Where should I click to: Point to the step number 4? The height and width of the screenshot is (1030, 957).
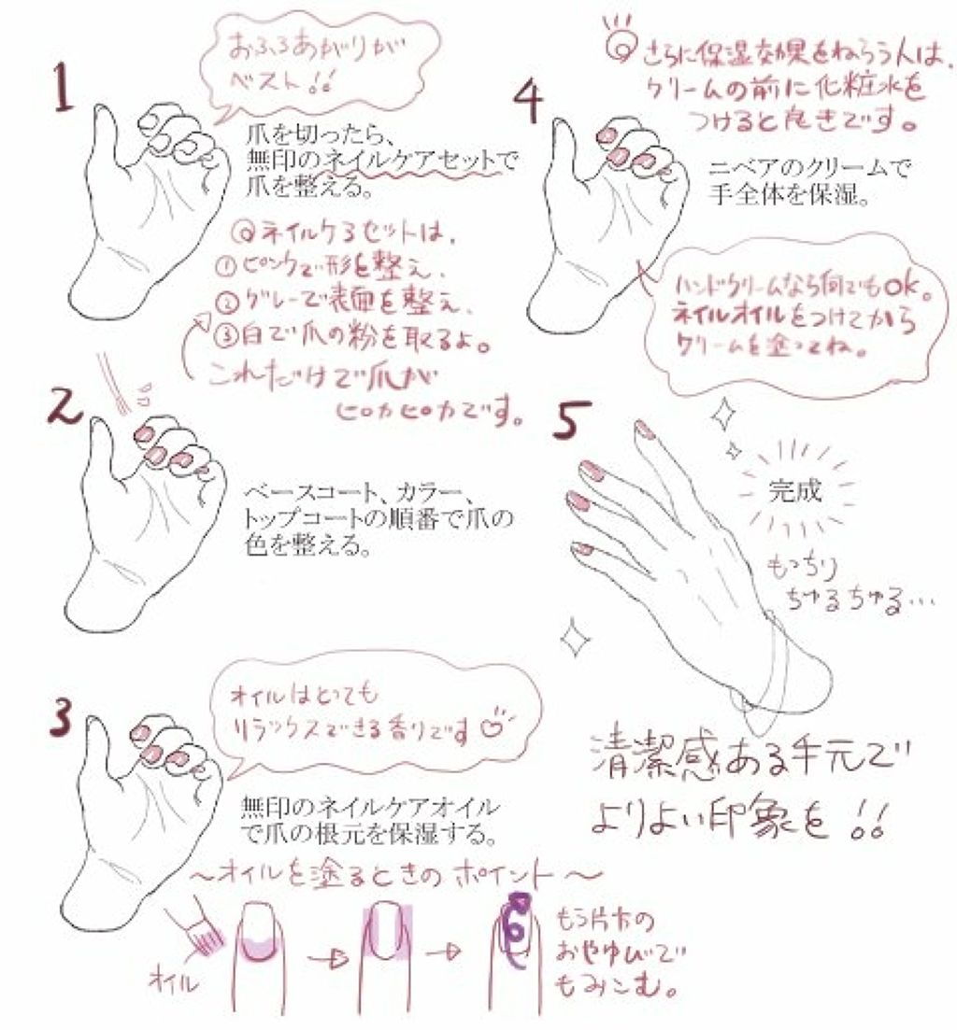528,100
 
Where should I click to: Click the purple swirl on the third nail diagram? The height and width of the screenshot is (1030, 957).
513,920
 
